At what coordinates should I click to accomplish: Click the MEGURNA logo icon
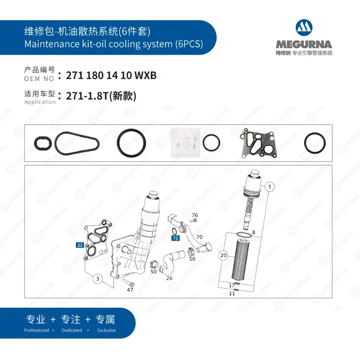(305, 28)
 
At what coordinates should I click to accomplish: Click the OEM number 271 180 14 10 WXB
(111, 76)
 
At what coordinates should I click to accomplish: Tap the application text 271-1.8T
(101, 96)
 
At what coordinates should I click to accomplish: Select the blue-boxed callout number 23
(80, 245)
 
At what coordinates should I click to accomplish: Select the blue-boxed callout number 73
(175, 238)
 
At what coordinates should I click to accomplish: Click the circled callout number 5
(269, 185)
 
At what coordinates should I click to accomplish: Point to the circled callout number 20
(224, 255)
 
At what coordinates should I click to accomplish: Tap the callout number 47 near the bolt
(130, 290)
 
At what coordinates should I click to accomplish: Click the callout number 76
(195, 216)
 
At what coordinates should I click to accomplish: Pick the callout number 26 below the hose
(169, 278)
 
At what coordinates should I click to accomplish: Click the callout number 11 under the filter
(232, 293)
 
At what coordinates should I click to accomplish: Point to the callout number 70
(199, 237)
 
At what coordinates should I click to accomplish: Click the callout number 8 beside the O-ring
(253, 233)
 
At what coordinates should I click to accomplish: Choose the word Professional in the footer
(36, 330)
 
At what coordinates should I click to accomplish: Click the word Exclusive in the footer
(106, 330)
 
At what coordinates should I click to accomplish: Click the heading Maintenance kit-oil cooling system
(113, 44)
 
